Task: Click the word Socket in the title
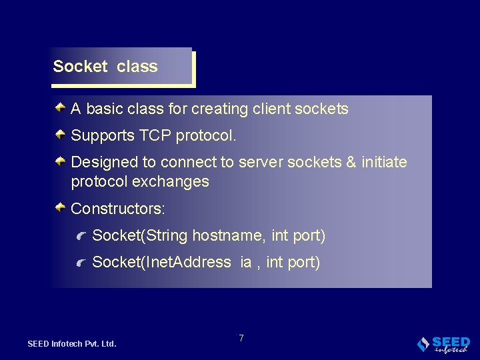click(x=80, y=67)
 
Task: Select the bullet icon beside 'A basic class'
click(x=60, y=107)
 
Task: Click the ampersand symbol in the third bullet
click(x=351, y=163)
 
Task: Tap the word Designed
click(x=101, y=163)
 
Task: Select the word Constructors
click(x=117, y=209)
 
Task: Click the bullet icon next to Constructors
click(x=60, y=207)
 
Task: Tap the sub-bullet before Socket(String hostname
click(x=81, y=236)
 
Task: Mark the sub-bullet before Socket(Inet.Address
click(x=81, y=263)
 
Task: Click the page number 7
click(x=241, y=338)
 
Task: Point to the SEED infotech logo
click(x=443, y=343)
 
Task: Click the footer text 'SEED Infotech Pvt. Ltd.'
click(x=72, y=344)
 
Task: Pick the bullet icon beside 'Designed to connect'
click(x=60, y=161)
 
